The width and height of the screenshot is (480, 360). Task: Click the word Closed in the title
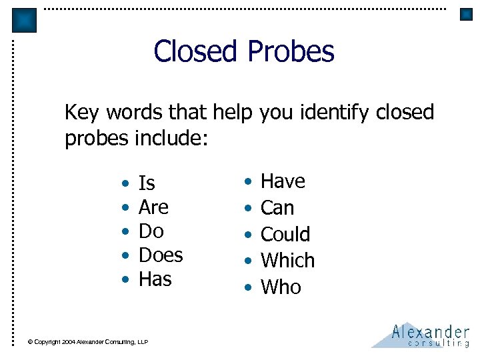coord(195,51)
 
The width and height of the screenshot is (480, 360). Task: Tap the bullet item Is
coord(147,183)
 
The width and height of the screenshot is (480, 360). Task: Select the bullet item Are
coord(153,207)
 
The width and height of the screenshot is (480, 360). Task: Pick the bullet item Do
coord(151,231)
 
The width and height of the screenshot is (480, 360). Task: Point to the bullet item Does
coord(161,255)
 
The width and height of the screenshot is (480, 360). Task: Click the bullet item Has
coord(155,279)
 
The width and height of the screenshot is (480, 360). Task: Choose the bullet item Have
coord(283,181)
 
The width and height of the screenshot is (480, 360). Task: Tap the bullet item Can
coord(277,208)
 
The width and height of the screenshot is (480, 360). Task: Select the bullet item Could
coord(285,234)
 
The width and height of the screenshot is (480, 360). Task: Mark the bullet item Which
coord(287,260)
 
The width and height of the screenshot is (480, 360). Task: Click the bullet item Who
coord(281,287)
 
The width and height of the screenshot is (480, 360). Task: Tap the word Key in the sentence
coord(81,113)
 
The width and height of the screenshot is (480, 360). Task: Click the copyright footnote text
coord(87,342)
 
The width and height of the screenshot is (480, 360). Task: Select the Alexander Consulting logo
coord(421,335)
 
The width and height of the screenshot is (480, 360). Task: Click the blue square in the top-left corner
coord(25,21)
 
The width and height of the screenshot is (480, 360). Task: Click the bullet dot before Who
coord(248,288)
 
